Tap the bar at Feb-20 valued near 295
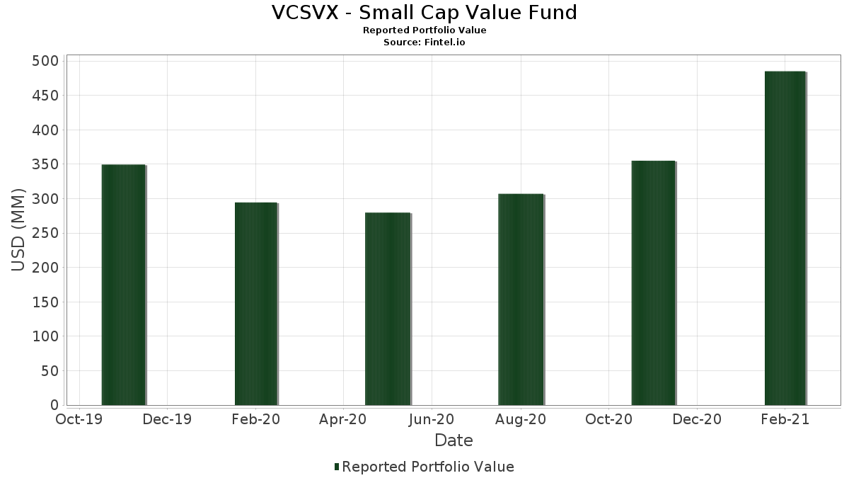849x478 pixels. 256,304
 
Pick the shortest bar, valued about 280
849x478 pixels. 388,309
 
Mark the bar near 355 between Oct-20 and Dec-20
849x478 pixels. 653,283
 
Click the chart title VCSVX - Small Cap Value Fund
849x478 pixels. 424,13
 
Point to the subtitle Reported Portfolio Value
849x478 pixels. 424,30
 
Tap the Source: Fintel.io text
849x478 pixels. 424,42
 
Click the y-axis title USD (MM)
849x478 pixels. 18,230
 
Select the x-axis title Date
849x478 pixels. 454,440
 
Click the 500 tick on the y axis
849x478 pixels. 45,61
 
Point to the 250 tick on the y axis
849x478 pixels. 45,233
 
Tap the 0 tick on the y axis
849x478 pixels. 54,405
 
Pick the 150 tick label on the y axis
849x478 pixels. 45,302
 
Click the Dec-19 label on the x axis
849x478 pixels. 167,419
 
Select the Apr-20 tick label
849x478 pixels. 343,419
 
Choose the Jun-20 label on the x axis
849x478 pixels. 432,419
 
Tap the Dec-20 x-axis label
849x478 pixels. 697,419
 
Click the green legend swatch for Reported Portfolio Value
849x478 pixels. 337,467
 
